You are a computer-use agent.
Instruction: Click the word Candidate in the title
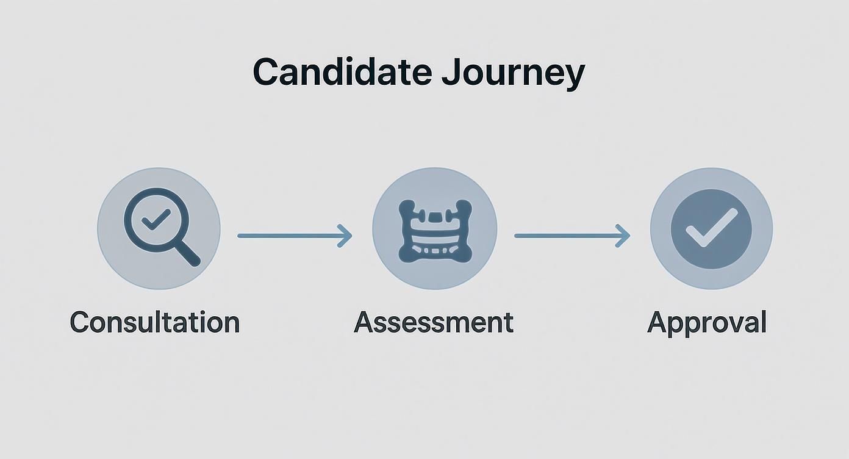(x=342, y=72)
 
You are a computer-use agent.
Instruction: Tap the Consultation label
(x=155, y=322)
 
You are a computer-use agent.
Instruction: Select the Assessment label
(x=434, y=322)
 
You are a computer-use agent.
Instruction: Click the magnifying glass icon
(x=160, y=227)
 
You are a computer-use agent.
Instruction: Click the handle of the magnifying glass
(x=188, y=254)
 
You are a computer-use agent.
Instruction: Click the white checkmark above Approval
(x=711, y=228)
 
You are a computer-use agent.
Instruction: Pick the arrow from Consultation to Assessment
(x=295, y=236)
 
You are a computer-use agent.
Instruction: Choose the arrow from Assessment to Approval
(x=571, y=236)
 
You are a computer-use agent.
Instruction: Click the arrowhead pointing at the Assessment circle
(x=346, y=236)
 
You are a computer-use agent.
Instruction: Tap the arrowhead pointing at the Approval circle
(x=623, y=236)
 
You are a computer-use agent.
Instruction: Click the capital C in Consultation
(x=80, y=322)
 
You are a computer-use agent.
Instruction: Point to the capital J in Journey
(x=450, y=72)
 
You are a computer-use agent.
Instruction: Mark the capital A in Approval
(x=657, y=322)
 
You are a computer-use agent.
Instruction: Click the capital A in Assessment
(x=364, y=322)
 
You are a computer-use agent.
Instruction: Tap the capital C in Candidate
(x=265, y=72)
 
